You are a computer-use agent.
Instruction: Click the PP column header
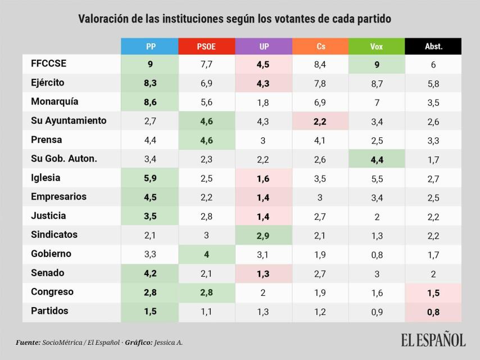tap(150, 46)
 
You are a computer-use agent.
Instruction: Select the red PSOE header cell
tap(207, 46)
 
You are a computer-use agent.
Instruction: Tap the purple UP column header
tap(264, 46)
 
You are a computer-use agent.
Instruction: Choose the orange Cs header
tap(320, 46)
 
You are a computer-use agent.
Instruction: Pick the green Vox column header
tap(377, 46)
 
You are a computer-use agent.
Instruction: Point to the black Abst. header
tap(433, 46)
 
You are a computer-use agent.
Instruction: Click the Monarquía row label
tap(55, 102)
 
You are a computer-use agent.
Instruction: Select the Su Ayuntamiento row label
tap(69, 120)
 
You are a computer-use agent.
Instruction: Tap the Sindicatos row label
tap(55, 235)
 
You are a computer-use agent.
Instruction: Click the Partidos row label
tap(50, 310)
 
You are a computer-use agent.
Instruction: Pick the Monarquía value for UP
tap(264, 102)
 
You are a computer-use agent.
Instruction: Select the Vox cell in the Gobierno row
tap(377, 254)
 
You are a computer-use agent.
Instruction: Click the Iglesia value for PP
tap(150, 178)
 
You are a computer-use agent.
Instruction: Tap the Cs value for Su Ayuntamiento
tap(320, 121)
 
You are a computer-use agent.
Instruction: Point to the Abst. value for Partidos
tap(433, 311)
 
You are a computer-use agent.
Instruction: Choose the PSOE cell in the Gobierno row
tap(207, 254)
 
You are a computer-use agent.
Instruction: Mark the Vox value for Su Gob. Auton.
tap(377, 159)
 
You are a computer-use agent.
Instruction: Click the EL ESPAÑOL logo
tap(433, 340)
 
